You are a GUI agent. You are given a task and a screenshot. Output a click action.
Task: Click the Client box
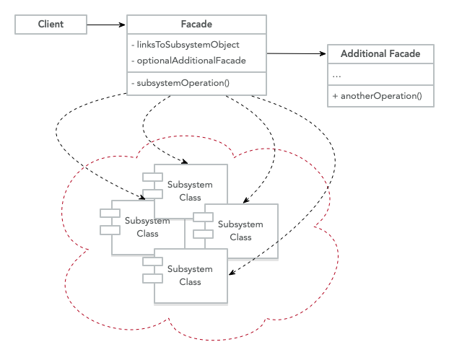(x=51, y=25)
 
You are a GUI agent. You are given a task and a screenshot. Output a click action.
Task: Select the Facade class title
(x=197, y=25)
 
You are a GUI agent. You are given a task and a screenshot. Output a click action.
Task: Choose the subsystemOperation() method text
(x=183, y=83)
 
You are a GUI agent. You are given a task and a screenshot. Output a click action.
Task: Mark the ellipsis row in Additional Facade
(x=336, y=74)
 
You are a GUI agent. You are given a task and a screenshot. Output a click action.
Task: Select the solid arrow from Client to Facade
(x=107, y=25)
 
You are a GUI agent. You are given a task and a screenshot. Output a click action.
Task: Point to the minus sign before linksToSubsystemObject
(x=134, y=45)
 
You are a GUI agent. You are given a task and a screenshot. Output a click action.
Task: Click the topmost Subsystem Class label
(x=190, y=190)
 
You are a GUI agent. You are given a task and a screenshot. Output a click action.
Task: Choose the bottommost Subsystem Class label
(x=190, y=275)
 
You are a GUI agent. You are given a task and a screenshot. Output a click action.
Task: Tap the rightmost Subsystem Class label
(x=240, y=230)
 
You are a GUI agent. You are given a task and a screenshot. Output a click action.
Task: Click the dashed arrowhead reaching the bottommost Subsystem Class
(x=231, y=273)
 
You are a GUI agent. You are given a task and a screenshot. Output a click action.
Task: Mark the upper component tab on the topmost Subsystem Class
(x=152, y=177)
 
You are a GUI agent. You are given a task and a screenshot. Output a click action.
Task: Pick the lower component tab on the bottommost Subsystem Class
(x=152, y=278)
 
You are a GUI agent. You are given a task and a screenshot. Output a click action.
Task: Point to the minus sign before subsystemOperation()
(x=134, y=83)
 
